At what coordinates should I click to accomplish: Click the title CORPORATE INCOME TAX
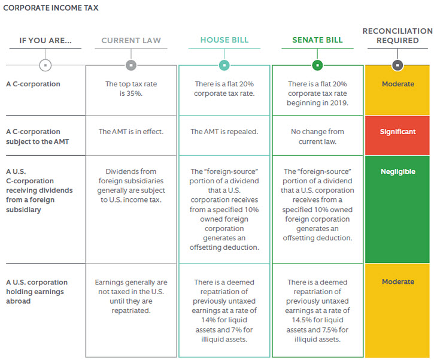51,8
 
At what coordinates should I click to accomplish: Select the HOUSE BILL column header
224,40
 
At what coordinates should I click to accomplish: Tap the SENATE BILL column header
317,40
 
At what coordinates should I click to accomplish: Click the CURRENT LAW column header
131,40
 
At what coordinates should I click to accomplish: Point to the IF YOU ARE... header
45,40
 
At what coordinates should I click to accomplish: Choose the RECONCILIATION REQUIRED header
397,36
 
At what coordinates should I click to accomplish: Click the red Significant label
397,132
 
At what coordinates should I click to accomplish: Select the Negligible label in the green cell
398,172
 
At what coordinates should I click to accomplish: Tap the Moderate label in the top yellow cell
398,84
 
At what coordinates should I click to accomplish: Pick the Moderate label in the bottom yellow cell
398,282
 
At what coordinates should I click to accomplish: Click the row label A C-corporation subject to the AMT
37,137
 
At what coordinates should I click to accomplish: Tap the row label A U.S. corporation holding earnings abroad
37,292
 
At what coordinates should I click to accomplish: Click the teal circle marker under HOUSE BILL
224,65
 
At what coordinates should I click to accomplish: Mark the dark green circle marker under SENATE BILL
317,65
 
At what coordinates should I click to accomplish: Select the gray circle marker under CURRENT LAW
131,65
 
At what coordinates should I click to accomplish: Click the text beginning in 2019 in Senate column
317,103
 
